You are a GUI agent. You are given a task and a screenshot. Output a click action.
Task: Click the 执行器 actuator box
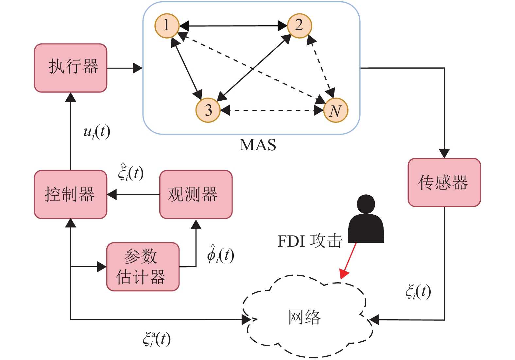tap(71, 68)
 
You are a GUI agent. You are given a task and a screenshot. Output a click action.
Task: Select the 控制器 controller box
tap(71, 194)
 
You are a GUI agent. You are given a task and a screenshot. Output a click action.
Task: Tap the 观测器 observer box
tap(196, 194)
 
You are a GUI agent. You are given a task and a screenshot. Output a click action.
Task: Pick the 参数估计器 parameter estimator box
tap(143, 267)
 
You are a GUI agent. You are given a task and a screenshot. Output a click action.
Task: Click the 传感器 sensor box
tap(444, 183)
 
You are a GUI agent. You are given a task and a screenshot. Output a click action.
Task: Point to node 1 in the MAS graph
tap(167, 25)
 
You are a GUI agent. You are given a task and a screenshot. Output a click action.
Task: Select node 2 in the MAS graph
tap(299, 25)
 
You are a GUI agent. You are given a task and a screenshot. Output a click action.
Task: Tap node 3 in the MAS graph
tap(208, 110)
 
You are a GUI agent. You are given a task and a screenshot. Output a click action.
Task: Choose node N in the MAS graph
tap(335, 110)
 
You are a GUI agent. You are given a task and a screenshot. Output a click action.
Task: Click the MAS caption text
tap(258, 145)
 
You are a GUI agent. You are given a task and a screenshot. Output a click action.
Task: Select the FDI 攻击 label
tap(310, 241)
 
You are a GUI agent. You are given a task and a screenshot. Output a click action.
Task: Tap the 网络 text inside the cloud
tap(304, 317)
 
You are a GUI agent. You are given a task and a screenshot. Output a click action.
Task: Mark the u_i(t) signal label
tap(97, 132)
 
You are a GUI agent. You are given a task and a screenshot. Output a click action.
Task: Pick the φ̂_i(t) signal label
tap(220, 254)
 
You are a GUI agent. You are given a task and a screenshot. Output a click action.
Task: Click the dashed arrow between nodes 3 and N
tap(271, 110)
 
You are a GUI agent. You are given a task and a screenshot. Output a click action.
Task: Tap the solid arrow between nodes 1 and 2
tap(233, 25)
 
